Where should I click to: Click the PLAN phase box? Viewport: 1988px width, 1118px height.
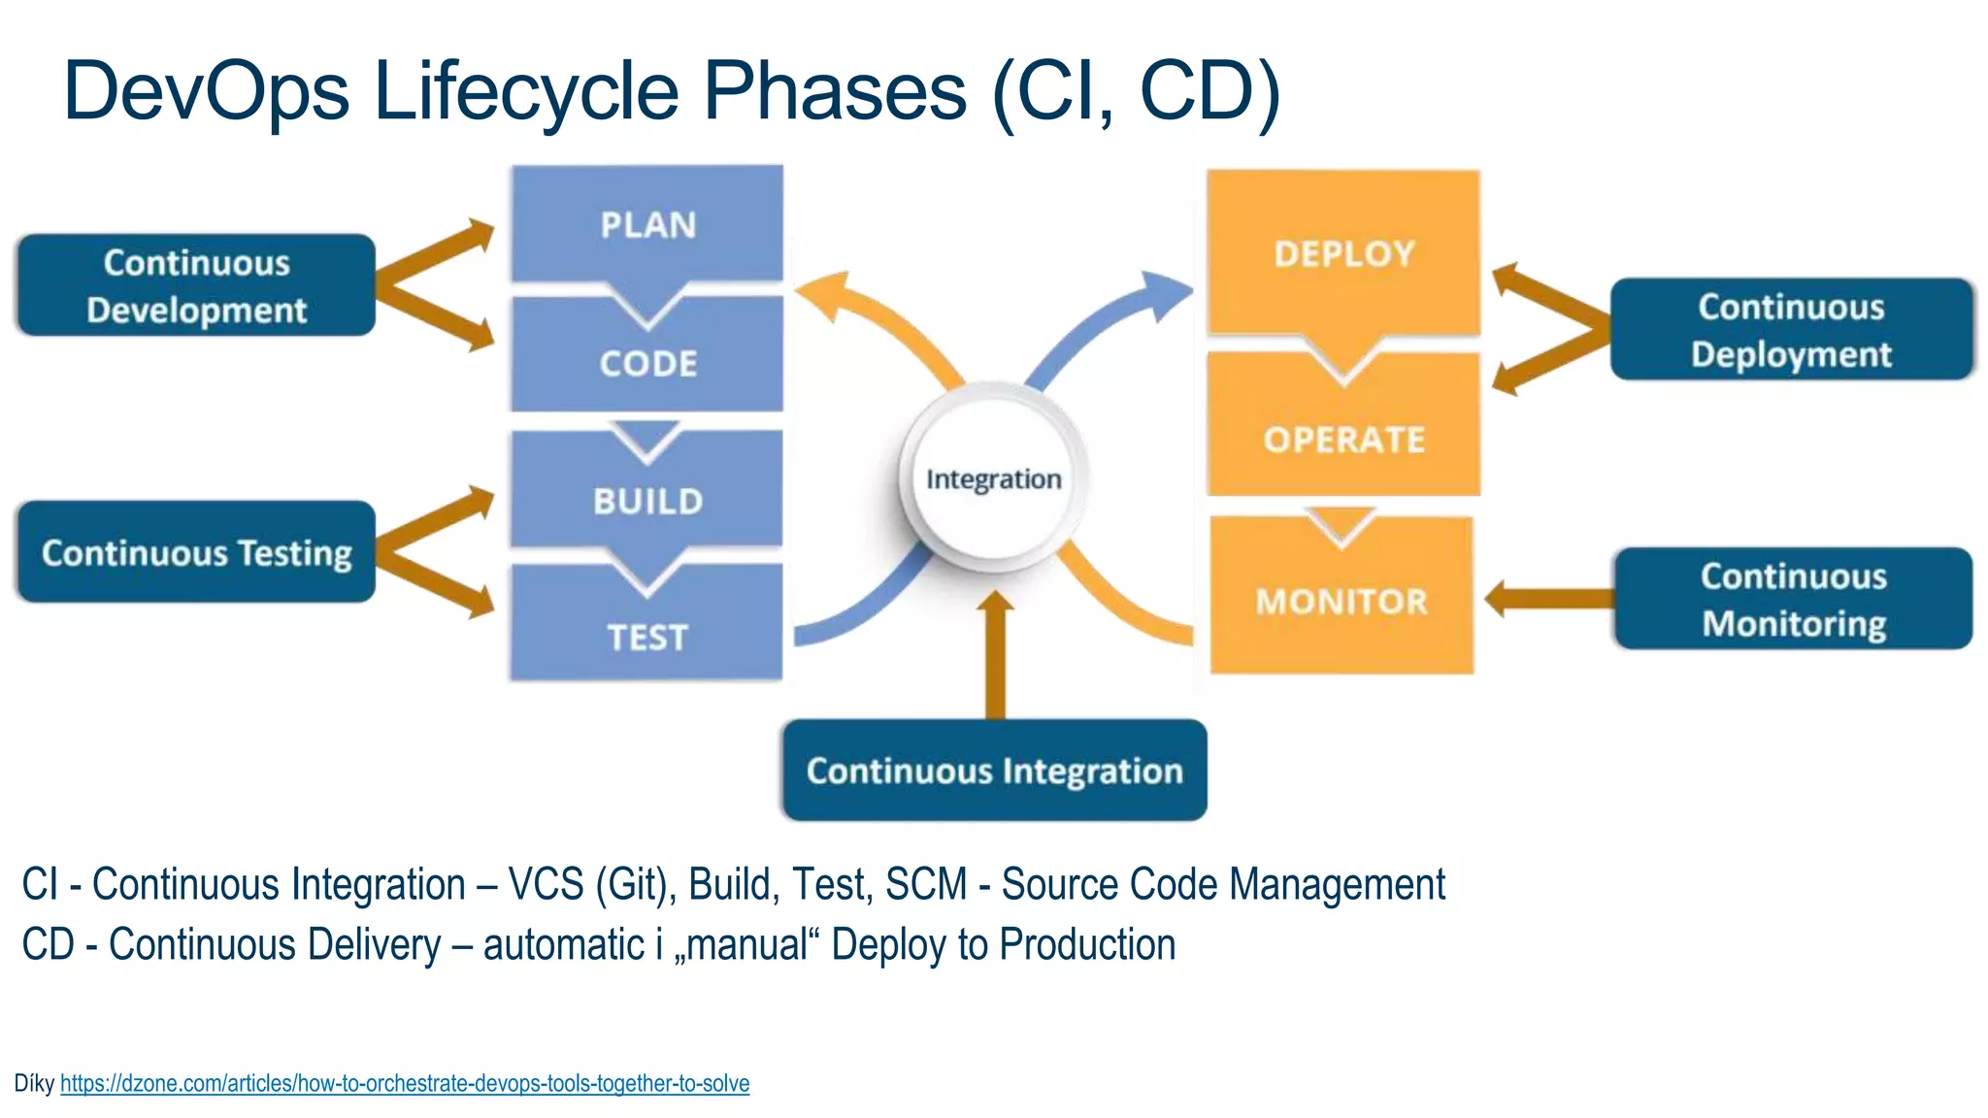click(647, 224)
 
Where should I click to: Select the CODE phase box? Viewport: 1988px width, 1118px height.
click(647, 363)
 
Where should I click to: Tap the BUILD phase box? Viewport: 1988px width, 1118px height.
click(647, 500)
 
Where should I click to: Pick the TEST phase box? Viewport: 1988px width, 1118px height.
click(647, 636)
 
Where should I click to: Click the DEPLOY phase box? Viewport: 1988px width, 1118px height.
click(1343, 254)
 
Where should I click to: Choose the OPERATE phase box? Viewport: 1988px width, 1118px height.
click(1343, 439)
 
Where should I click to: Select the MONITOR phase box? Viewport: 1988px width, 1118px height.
click(1342, 602)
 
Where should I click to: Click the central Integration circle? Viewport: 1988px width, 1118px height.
click(994, 478)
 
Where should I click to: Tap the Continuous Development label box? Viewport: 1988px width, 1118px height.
click(196, 285)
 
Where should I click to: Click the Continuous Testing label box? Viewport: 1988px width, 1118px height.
click(196, 552)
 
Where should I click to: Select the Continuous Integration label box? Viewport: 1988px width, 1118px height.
click(994, 771)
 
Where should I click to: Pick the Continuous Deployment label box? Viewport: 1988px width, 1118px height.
click(1791, 330)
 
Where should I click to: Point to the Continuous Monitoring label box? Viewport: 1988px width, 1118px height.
click(1793, 599)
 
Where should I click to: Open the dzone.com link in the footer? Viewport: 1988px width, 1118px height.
click(405, 1083)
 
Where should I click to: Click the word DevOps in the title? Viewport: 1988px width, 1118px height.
click(206, 91)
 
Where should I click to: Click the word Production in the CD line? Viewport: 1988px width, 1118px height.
click(1087, 945)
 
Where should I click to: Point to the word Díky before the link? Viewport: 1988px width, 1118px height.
click(34, 1083)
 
